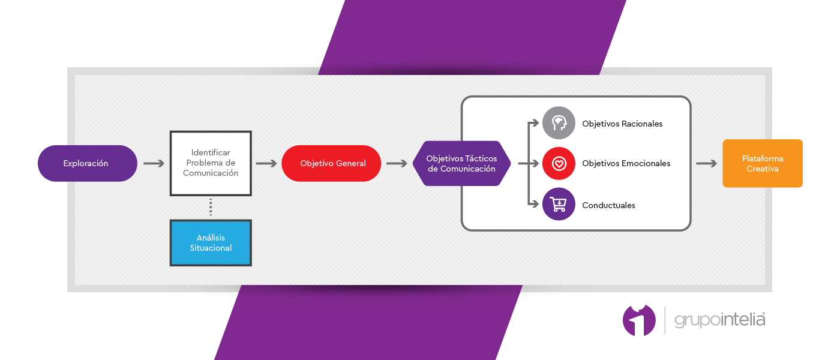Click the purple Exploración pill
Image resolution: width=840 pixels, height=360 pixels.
[88, 163]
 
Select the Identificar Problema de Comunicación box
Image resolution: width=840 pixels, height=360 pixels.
[211, 163]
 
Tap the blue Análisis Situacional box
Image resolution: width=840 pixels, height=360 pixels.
[211, 243]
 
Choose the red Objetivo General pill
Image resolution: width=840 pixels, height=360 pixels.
[331, 163]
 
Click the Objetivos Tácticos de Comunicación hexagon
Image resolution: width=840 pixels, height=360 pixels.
[461, 163]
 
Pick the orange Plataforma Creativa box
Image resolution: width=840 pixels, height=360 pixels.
[763, 163]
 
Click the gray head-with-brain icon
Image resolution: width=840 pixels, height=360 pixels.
[559, 123]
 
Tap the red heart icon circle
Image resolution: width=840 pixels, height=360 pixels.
[559, 163]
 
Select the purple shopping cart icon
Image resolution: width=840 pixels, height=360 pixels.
[559, 204]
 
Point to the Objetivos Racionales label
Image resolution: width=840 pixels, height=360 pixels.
[622, 124]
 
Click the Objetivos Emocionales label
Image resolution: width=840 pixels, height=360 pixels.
[626, 163]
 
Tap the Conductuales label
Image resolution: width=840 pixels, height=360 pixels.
[608, 205]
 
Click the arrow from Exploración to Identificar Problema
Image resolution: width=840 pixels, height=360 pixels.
[154, 163]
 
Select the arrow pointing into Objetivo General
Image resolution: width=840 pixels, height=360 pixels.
[266, 163]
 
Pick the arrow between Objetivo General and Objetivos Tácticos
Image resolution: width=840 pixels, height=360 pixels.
[397, 163]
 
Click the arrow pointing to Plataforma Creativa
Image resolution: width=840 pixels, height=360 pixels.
[707, 163]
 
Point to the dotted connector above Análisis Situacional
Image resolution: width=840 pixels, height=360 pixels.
[211, 207]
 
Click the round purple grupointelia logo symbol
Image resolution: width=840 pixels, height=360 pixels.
[639, 320]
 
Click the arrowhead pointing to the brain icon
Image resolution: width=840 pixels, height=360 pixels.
[536, 123]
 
